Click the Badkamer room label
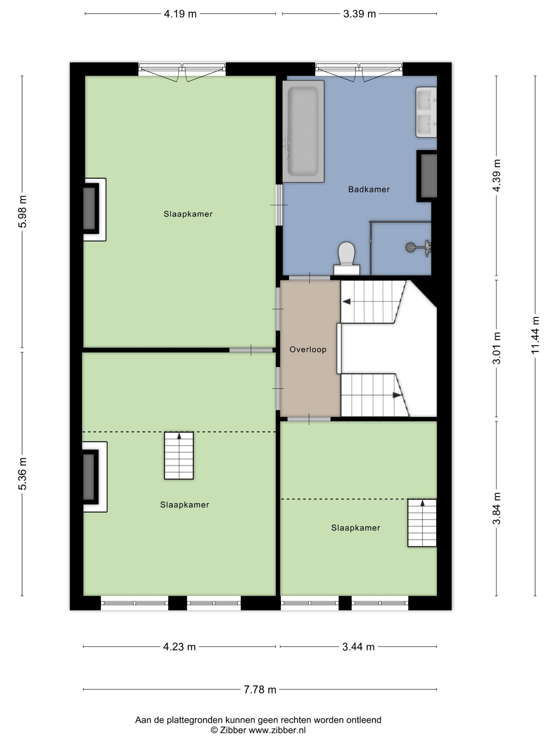pyautogui.click(x=369, y=189)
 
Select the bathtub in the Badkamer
pyautogui.click(x=303, y=131)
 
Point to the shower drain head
pyautogui.click(x=410, y=248)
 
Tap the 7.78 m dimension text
pyautogui.click(x=260, y=690)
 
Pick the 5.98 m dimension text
pyautogui.click(x=23, y=211)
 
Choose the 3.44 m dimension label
pyautogui.click(x=358, y=647)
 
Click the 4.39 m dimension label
pyautogui.click(x=497, y=175)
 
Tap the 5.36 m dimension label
pyautogui.click(x=23, y=474)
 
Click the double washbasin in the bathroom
pyautogui.click(x=427, y=112)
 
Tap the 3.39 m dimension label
pyautogui.click(x=359, y=14)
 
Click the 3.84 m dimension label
pyautogui.click(x=497, y=508)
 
